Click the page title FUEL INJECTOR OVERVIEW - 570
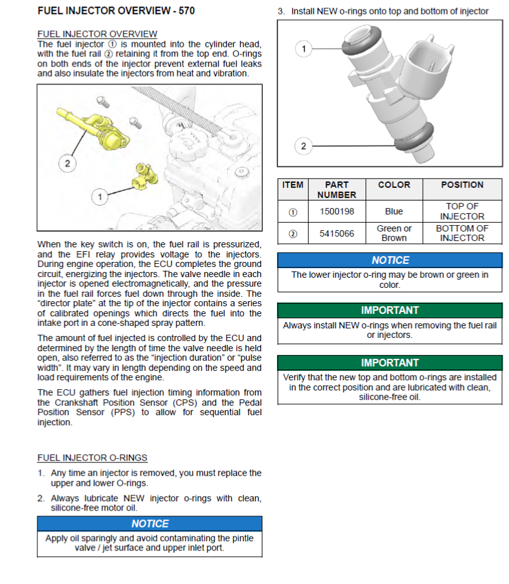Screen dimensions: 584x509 116,11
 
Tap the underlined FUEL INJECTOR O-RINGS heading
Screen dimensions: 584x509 92,457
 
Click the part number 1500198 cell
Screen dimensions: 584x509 336,211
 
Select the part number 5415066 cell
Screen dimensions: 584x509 336,233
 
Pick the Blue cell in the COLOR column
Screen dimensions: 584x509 393,211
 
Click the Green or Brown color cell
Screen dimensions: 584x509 393,233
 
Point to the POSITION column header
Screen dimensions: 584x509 462,185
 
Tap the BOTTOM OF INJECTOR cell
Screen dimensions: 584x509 462,233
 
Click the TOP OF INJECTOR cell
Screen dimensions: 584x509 462,211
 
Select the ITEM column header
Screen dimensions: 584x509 292,185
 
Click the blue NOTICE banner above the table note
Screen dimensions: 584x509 389,260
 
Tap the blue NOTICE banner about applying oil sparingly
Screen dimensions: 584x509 149,524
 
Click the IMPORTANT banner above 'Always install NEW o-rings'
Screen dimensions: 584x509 389,311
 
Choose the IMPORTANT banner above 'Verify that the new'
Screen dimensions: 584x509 389,363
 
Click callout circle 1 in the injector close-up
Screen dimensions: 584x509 304,49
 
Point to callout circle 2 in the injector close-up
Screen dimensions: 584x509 303,147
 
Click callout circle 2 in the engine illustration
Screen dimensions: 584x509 68,163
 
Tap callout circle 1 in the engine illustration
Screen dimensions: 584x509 99,197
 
